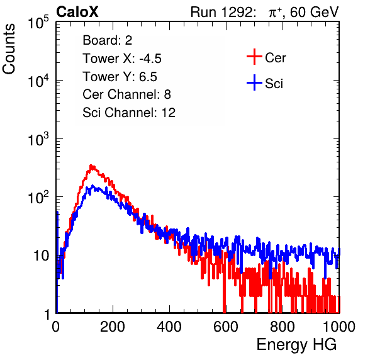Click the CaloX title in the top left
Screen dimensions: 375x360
tap(77, 12)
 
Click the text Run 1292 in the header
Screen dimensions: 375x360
tap(221, 12)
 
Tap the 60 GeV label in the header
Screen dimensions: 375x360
tap(314, 12)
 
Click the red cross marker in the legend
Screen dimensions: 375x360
tap(254, 57)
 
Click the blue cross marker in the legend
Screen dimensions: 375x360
tap(254, 82)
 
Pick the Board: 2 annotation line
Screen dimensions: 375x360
tap(108, 40)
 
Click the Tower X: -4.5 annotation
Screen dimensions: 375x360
tap(122, 59)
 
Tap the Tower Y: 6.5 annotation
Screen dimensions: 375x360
tap(120, 77)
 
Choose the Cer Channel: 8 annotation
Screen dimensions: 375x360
tap(126, 94)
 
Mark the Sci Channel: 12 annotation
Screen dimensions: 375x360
tap(129, 113)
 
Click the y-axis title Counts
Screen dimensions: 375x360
tap(9, 49)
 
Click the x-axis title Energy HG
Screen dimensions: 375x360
tap(296, 345)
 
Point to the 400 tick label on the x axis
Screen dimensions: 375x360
tap(169, 327)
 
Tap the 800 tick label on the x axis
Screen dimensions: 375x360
tap(283, 327)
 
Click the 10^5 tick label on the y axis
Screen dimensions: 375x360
tap(38, 22)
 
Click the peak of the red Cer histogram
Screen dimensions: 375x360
tap(91, 166)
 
